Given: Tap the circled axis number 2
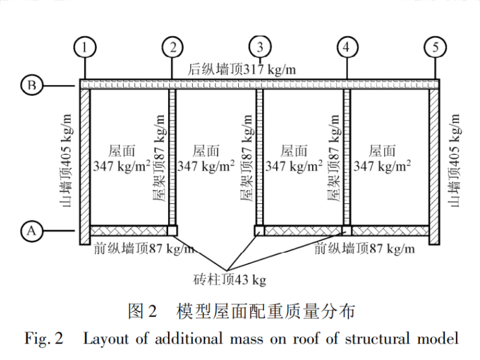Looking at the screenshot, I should pos(172,47).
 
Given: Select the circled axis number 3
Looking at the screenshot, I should pos(260,47).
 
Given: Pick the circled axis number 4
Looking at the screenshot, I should pos(347,47).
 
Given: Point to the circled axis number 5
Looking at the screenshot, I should pos(435,47).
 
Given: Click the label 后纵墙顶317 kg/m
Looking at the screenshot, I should pos(242,69).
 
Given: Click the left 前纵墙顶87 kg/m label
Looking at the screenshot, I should pos(144,249).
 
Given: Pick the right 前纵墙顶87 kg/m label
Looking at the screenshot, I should pos(364,249).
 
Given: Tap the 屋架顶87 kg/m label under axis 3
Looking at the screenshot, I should pos(248,158).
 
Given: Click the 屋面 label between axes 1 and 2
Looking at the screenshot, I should pos(120,150).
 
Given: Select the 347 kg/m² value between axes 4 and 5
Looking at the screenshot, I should pos(382,166).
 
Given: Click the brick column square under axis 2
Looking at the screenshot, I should pos(172,231).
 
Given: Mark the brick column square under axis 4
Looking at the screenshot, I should pos(347,231).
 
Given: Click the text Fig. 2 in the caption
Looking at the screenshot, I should pos(44,339).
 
